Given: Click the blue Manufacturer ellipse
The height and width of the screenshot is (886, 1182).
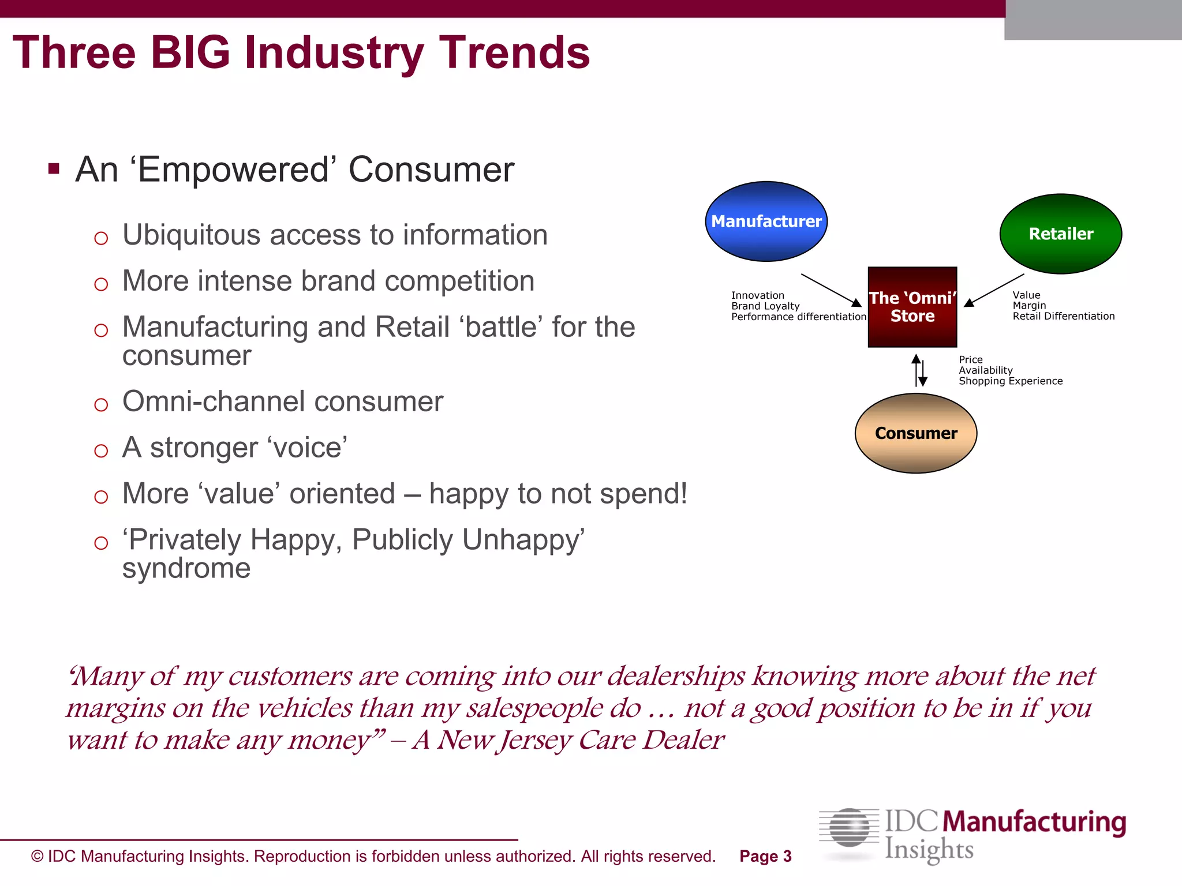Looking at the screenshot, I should pos(766,221).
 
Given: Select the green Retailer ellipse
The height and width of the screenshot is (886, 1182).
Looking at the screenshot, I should pos(1060,234).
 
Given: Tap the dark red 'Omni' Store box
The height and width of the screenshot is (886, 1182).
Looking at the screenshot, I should pos(912,307).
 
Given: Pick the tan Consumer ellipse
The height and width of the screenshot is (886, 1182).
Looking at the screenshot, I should pos(915,433).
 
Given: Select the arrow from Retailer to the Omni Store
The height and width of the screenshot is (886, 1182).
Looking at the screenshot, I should pos(994,290).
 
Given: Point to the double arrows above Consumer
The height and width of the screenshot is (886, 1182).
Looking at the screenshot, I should pos(919,370).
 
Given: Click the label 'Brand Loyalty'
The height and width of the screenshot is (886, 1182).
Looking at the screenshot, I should pos(765,306).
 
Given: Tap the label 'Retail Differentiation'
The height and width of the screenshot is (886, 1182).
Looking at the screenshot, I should pos(1063,316).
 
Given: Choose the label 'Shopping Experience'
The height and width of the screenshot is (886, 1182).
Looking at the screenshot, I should pos(1010,381).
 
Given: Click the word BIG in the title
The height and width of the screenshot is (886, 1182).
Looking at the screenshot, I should pos(190,53).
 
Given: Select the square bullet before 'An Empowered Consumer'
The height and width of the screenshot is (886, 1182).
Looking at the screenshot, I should pos(54,169).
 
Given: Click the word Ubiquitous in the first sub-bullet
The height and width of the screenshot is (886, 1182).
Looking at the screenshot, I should pos(191,235).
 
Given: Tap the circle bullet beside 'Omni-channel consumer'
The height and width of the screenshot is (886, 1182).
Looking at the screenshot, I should pos(101,405).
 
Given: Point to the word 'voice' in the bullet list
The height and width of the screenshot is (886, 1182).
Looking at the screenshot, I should pos(307,448).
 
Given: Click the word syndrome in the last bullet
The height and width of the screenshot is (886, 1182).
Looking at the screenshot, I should pos(186,569).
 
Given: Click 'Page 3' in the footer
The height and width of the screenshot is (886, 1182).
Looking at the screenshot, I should pos(765,857).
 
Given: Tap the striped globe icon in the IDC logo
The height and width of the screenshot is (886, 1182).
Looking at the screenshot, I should pos(849,828).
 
